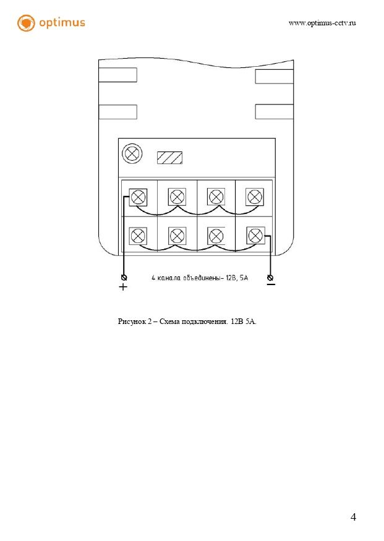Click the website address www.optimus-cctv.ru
(322, 23)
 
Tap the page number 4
(353, 517)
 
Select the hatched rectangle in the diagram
(169, 158)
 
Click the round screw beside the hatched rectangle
(132, 153)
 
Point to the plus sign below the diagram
(123, 288)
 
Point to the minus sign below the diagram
(271, 284)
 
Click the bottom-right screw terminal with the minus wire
(255, 235)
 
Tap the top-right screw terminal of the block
(255, 197)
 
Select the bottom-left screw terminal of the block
(139, 235)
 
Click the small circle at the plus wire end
(124, 277)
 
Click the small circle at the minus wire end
(270, 277)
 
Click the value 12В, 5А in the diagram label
(236, 278)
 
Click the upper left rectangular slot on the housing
(117, 75)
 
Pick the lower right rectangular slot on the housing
(274, 112)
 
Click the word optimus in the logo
(62, 23)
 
